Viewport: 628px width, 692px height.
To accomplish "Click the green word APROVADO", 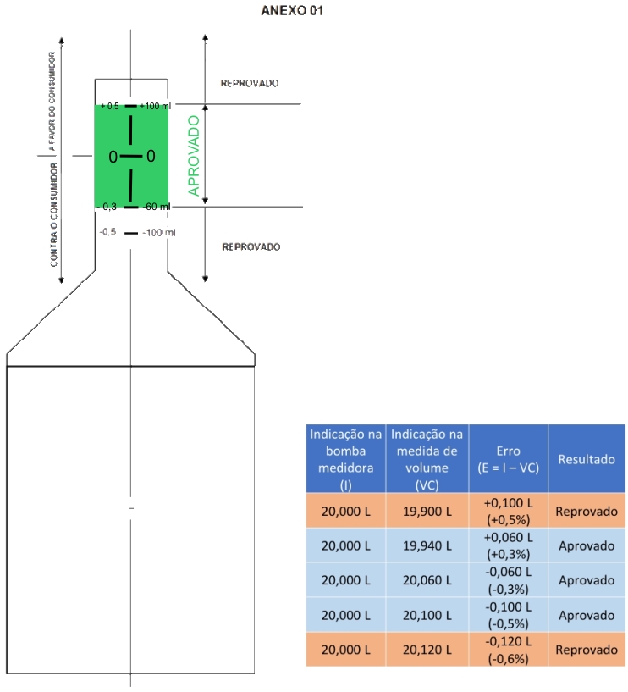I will pyautogui.click(x=194, y=156).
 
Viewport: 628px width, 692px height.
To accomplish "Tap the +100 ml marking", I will pyautogui.click(x=155, y=106).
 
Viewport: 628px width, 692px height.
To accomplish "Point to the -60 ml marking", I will pyautogui.click(x=156, y=207).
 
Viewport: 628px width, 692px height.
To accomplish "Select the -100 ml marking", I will pyautogui.click(x=158, y=232).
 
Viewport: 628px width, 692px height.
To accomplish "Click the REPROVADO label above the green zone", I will pyautogui.click(x=250, y=84).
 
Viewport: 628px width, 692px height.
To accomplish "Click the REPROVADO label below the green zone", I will pyautogui.click(x=251, y=246).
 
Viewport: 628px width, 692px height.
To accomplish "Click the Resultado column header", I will pyautogui.click(x=587, y=459).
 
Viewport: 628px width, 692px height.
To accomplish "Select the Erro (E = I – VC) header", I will pyautogui.click(x=509, y=459).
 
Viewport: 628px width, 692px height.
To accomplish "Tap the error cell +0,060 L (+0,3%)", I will pyautogui.click(x=509, y=545).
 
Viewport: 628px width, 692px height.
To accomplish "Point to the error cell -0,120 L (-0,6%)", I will pyautogui.click(x=509, y=650).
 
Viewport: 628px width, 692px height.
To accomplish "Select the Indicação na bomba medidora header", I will pyautogui.click(x=346, y=458).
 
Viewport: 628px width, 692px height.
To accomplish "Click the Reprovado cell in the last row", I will pyautogui.click(x=587, y=650).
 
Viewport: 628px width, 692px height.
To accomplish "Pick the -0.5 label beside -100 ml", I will pyautogui.click(x=107, y=232).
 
